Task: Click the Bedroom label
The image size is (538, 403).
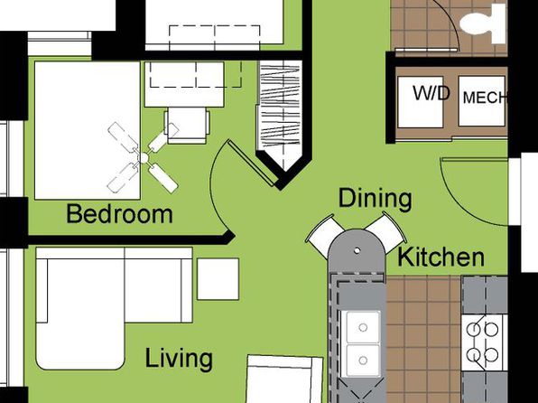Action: (119, 213)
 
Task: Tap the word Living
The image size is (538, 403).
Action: (179, 359)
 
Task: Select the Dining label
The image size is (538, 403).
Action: (375, 199)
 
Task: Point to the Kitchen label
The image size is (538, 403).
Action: (441, 258)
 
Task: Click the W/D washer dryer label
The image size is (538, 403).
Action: (431, 93)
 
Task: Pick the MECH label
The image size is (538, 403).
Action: (484, 98)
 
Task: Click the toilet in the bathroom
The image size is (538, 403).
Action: (483, 24)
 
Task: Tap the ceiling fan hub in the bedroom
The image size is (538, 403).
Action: (144, 158)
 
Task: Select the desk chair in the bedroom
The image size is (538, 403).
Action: (187, 125)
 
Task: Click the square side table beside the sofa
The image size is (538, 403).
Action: (218, 279)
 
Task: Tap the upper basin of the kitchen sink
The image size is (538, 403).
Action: (363, 327)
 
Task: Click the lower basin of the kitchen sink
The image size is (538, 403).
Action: (363, 360)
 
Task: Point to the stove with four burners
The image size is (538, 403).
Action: (484, 342)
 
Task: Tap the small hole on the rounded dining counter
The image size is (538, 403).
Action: (357, 250)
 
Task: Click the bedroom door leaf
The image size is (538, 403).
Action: (253, 163)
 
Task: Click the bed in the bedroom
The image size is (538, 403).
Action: (88, 130)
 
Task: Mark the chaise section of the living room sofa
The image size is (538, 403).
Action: (80, 313)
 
